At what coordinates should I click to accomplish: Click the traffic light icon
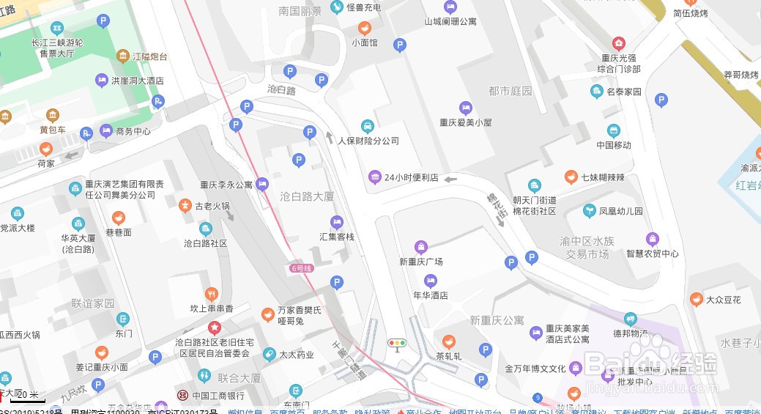pyautogui.click(x=397, y=342)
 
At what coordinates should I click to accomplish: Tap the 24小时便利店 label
pyautogui.click(x=411, y=177)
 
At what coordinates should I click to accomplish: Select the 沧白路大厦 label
pyautogui.click(x=307, y=196)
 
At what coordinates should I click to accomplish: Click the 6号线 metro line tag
pyautogui.click(x=301, y=268)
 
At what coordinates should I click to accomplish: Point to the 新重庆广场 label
pyautogui.click(x=420, y=262)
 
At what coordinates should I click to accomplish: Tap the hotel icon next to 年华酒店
pyautogui.click(x=430, y=281)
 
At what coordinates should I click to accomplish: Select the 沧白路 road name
pyautogui.click(x=281, y=90)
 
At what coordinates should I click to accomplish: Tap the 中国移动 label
pyautogui.click(x=613, y=145)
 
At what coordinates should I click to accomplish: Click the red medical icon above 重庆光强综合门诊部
pyautogui.click(x=619, y=43)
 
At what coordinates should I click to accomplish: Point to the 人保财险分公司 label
pyautogui.click(x=368, y=141)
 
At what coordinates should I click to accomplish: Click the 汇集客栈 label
pyautogui.click(x=336, y=237)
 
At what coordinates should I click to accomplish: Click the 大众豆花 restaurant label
pyautogui.click(x=723, y=300)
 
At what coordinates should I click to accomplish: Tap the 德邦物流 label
pyautogui.click(x=630, y=333)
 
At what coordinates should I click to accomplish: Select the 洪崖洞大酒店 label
pyautogui.click(x=137, y=81)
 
